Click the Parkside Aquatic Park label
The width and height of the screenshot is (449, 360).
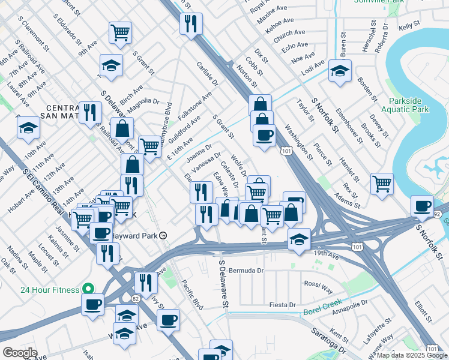coord(408,105)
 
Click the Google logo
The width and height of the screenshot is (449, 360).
coord(20,353)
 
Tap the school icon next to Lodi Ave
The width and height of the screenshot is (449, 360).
coord(340,72)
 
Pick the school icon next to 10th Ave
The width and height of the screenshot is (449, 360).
coord(28,128)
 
